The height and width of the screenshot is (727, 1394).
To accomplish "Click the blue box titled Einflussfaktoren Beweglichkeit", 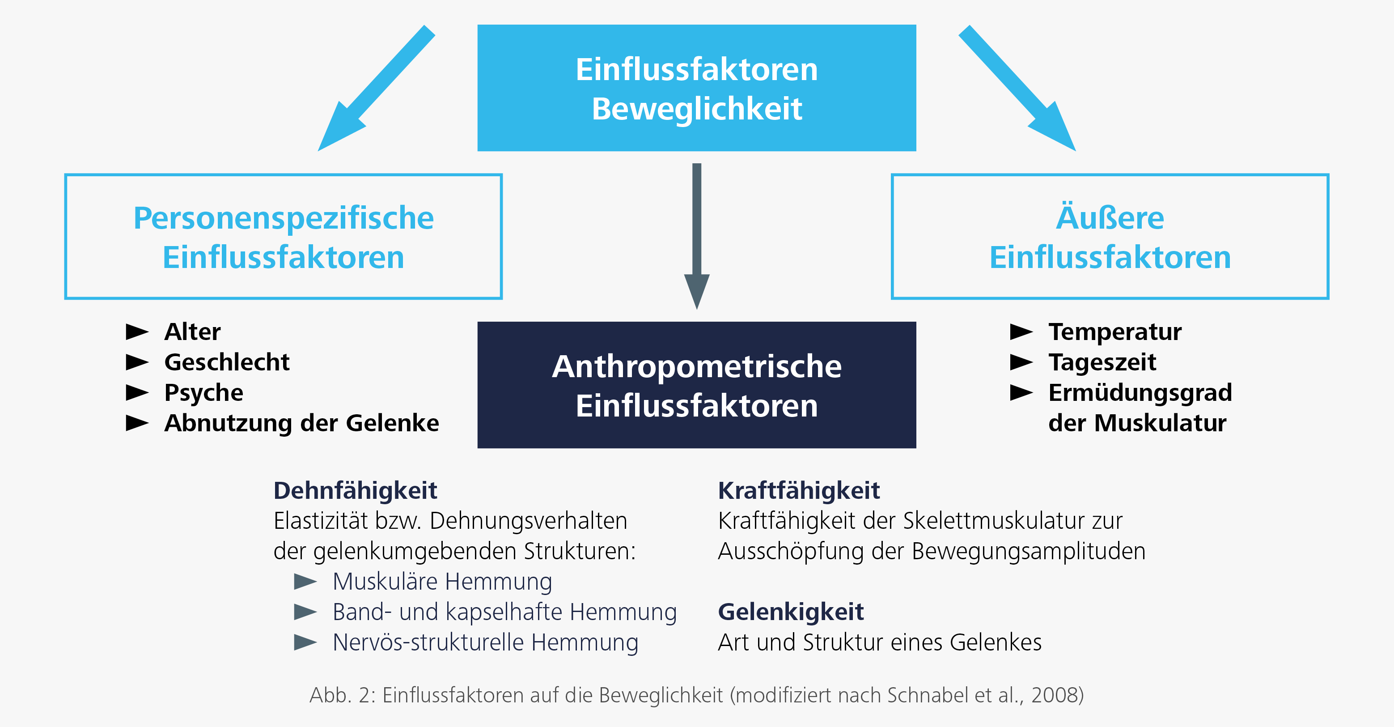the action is (x=696, y=88).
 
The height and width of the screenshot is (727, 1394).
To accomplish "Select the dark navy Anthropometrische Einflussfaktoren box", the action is (x=696, y=385).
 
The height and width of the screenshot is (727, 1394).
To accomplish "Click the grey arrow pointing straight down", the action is (x=697, y=237).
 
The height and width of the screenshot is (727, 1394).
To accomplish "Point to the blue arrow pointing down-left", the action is (x=376, y=88).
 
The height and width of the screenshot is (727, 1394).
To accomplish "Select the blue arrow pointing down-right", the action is (x=1017, y=88).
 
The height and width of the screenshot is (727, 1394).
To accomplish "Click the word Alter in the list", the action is (x=192, y=332).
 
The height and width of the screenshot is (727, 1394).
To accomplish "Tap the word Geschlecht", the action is (x=227, y=361).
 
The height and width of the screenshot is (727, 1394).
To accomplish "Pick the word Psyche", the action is (x=203, y=393).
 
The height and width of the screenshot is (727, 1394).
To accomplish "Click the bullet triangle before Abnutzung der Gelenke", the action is (x=137, y=423).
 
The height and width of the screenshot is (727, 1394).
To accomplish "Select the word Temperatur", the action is (x=1115, y=332).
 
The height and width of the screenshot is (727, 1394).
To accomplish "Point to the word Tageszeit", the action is (x=1102, y=362).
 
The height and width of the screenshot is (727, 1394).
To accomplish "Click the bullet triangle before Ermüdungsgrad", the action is (x=1022, y=392).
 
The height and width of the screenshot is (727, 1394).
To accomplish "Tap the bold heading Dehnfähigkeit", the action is (x=355, y=491).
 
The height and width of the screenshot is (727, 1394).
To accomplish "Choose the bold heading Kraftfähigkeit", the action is (x=799, y=491).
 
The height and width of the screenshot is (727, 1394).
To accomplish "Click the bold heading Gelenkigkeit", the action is (x=791, y=612).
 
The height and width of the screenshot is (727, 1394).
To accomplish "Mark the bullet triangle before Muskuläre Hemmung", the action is (x=305, y=582).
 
